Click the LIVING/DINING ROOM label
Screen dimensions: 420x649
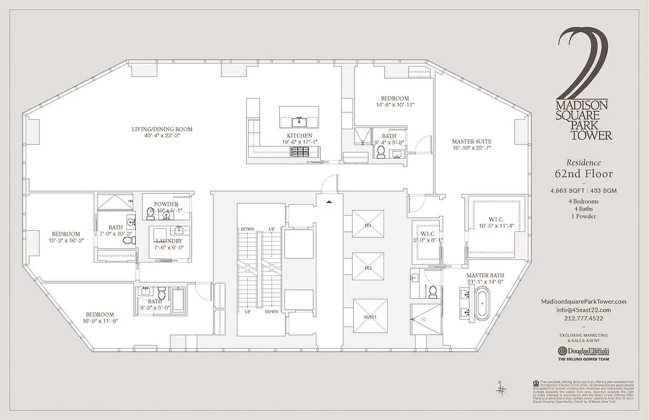(162, 129)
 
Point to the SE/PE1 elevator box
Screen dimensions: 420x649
(370, 316)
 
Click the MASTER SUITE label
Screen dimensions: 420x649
(472, 142)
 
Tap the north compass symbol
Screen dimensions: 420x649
(501, 389)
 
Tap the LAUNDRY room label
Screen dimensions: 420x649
(168, 241)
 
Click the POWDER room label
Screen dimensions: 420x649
(166, 204)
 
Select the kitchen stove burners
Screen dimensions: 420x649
(301, 152)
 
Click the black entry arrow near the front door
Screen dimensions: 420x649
(329, 202)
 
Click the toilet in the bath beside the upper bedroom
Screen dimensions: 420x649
(381, 152)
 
